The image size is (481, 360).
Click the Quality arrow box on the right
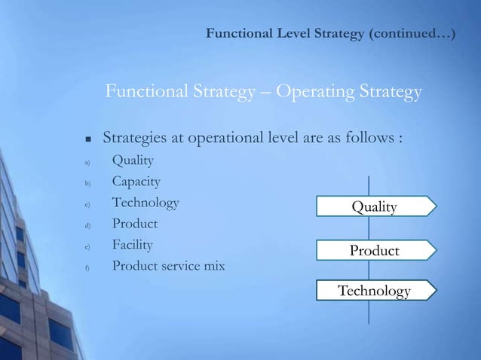pos(375,206)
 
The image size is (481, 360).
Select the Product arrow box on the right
pos(375,250)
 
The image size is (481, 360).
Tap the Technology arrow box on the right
pos(375,291)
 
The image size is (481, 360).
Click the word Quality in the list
pos(133,160)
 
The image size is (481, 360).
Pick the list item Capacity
pos(136,182)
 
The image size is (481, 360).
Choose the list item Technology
pos(146,203)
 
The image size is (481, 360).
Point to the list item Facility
pos(132,245)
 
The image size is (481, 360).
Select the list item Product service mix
pos(168,266)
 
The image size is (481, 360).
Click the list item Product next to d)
pos(135,224)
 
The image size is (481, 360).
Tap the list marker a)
pos(87,162)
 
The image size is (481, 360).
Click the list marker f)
pos(87,267)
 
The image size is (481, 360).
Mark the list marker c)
pos(87,204)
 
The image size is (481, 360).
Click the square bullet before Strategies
pos(87,140)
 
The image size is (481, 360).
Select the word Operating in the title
pos(308,93)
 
